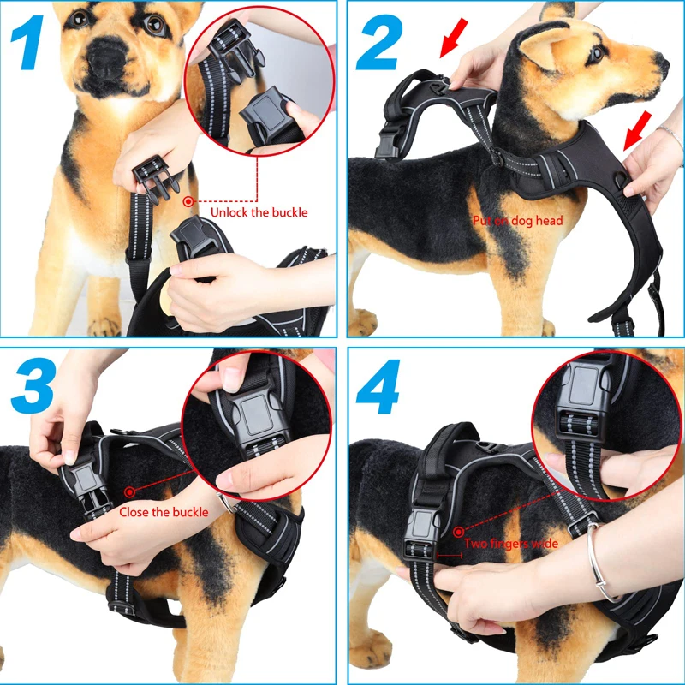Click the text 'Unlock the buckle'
tap(259, 212)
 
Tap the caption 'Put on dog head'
tap(517, 221)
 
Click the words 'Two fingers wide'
tap(511, 544)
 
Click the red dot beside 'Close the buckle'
tap(130, 491)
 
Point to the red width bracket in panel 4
tap(448, 555)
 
